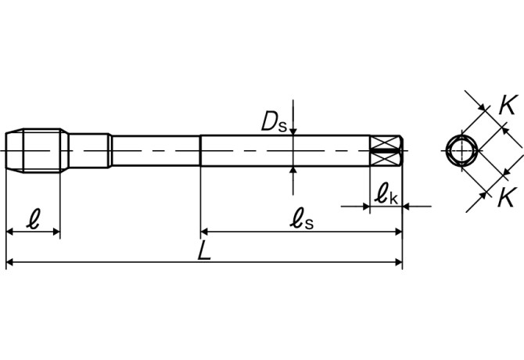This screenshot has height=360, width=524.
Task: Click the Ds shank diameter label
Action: [x=274, y=121]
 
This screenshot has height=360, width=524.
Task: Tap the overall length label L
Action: [x=204, y=250]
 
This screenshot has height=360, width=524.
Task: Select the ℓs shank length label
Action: [x=301, y=218]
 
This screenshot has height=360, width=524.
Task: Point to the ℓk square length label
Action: [x=386, y=194]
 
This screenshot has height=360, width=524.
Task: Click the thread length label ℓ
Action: [x=34, y=219]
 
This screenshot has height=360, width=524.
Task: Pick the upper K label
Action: [x=508, y=105]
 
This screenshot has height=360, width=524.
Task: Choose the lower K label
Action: [x=507, y=198]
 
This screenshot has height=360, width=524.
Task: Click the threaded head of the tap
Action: [x=37, y=150]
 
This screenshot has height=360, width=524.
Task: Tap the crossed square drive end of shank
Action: [x=386, y=151]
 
